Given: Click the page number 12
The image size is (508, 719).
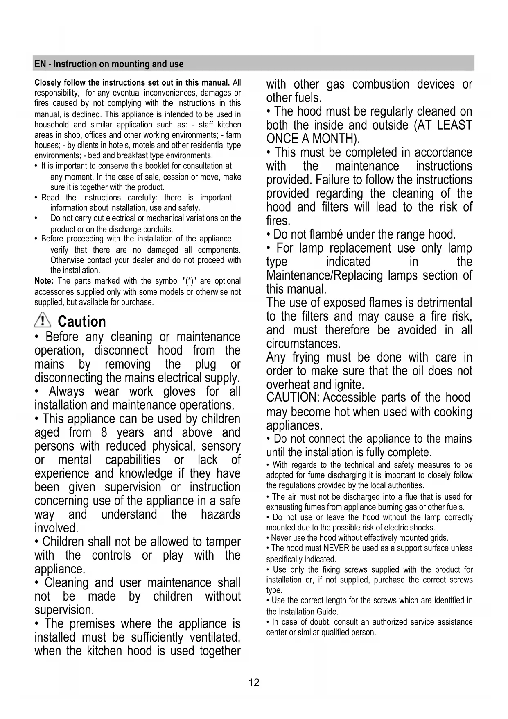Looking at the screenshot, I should tap(254, 683).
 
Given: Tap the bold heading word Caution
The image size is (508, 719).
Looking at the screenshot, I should tap(82, 322).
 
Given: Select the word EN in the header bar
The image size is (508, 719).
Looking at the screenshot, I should tap(40, 64).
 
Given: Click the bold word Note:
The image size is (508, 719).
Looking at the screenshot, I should tap(44, 281).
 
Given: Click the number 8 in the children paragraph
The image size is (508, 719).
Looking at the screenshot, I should tap(104, 432).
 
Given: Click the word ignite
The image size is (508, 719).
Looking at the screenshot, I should tap(349, 385).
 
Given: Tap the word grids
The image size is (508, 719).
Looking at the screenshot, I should tap(439, 538).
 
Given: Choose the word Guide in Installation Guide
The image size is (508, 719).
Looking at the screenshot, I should tap(329, 612).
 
